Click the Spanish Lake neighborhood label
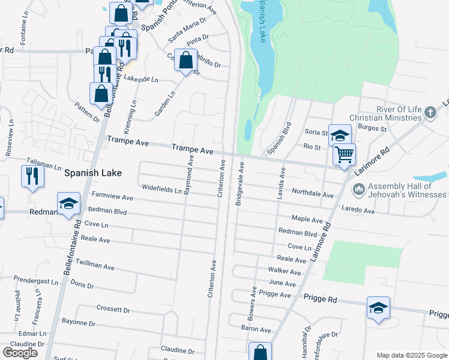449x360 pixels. (x=93, y=173)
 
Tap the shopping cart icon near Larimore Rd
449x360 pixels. (x=344, y=154)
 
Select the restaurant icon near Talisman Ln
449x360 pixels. (x=32, y=176)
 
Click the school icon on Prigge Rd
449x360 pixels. (x=378, y=308)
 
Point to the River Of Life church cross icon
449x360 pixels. (x=430, y=113)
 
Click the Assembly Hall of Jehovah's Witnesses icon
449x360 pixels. (x=360, y=190)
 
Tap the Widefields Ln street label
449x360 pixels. (x=161, y=188)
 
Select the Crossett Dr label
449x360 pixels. (x=113, y=309)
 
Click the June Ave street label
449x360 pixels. (x=282, y=283)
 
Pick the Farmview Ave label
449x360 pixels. (x=112, y=197)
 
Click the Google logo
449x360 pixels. (x=20, y=353)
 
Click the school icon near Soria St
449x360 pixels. (x=340, y=135)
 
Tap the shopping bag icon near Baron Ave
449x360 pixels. (x=261, y=352)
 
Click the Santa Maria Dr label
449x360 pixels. (x=187, y=29)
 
